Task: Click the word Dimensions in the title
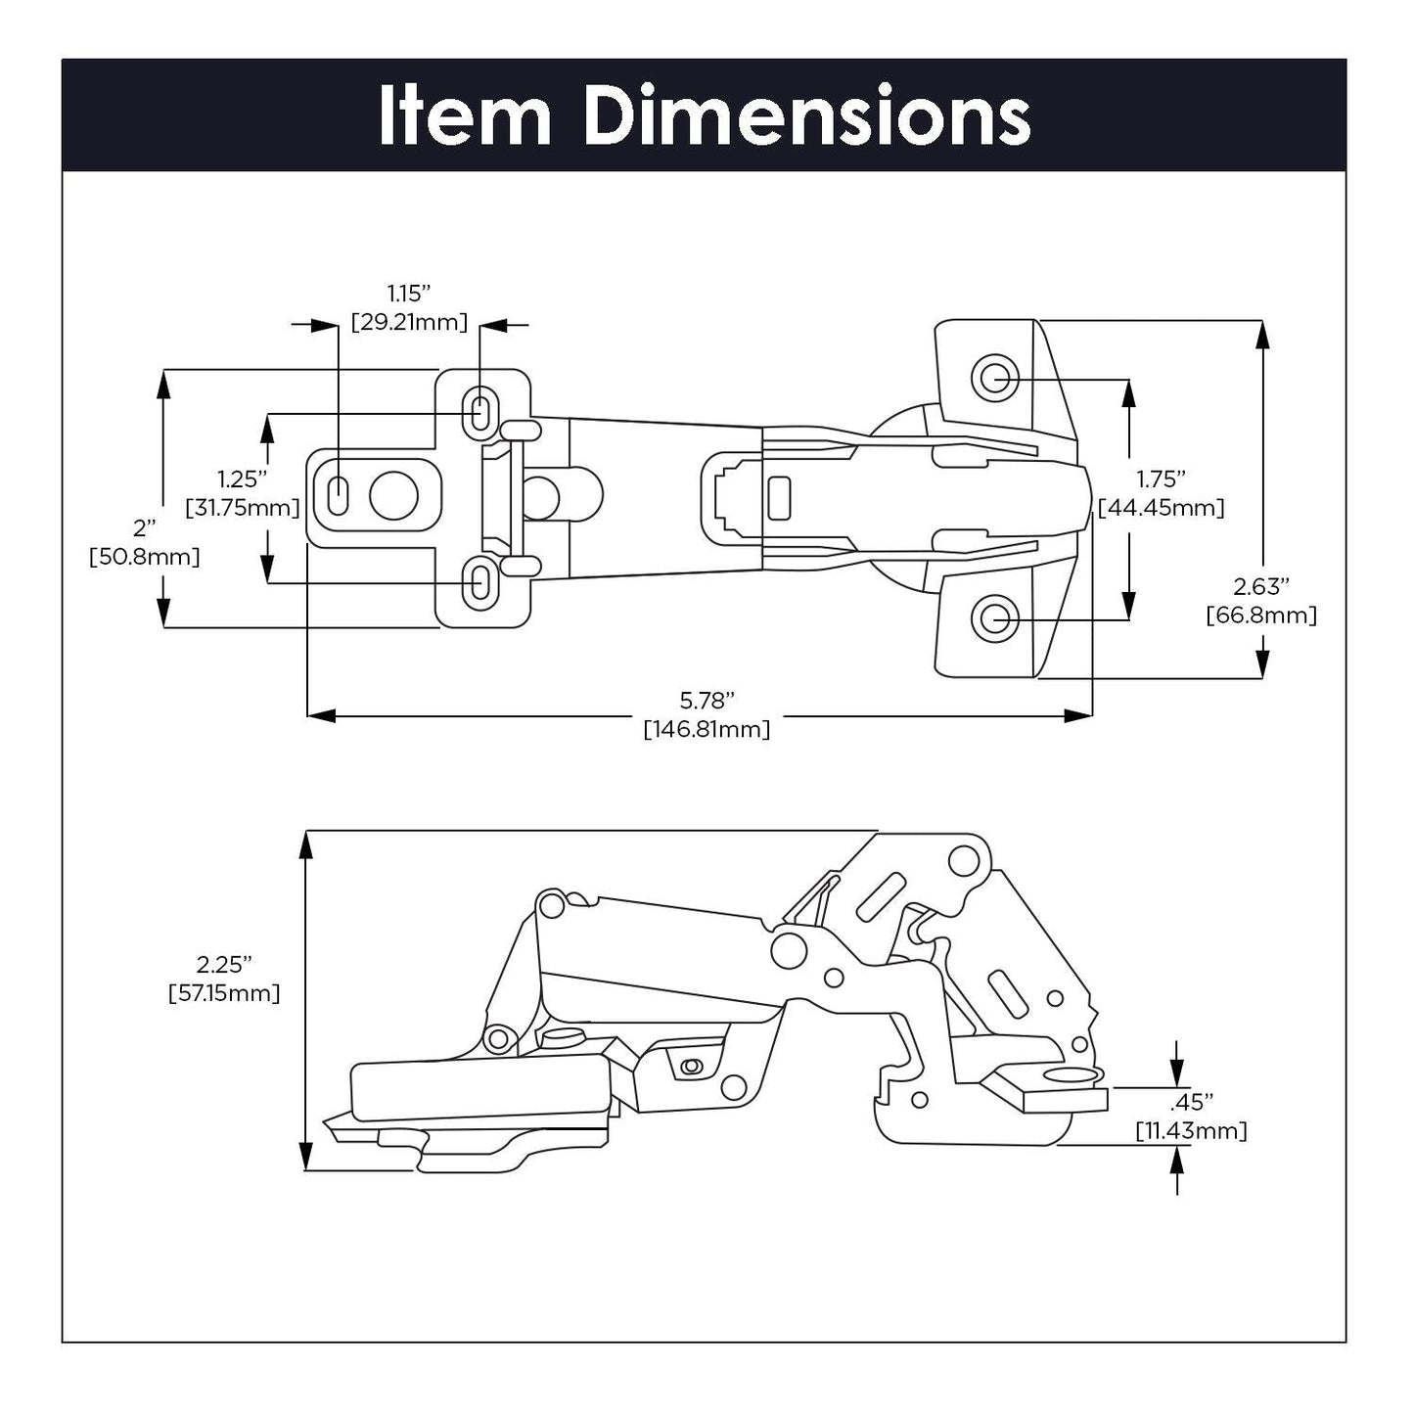806,116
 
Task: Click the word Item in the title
465,116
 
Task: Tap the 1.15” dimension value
409,293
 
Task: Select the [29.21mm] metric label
409,322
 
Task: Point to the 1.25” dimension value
243,479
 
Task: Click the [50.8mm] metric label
145,557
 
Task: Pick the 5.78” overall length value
707,701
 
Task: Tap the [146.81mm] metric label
707,729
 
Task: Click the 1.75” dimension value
1161,479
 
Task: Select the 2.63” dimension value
1260,586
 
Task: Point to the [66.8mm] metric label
1260,616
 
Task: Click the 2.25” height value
224,964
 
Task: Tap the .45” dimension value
1191,1102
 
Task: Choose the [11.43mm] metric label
1191,1131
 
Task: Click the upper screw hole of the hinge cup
994,376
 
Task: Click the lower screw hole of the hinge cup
994,618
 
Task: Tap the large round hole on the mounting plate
393,497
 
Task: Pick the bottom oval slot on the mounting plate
479,583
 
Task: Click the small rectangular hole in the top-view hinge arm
779,498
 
